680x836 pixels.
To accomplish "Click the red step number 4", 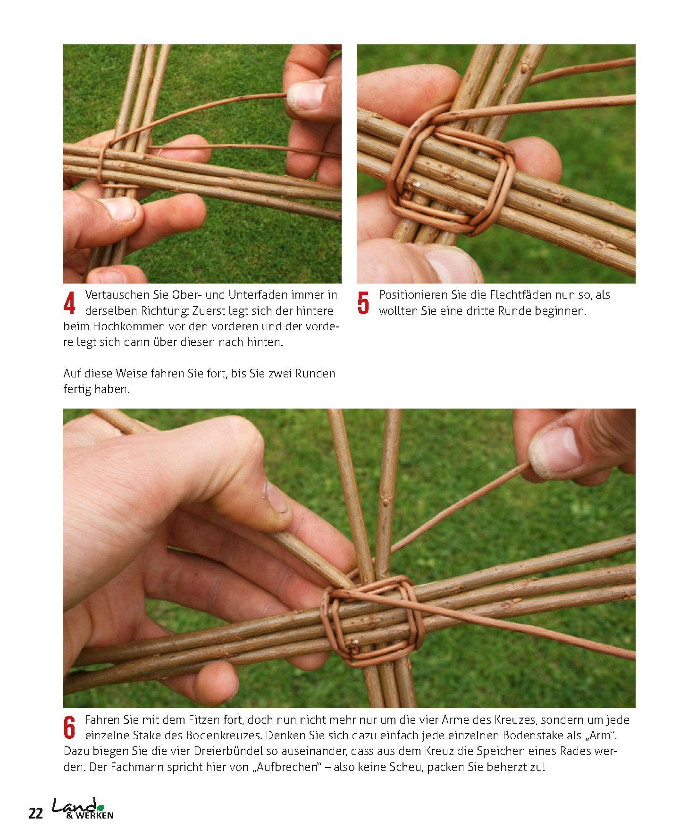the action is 69,303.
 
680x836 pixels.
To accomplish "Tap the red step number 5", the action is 363,303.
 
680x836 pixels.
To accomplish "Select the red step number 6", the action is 69,727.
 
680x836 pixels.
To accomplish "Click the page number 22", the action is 36,813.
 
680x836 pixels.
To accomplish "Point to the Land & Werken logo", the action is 83,809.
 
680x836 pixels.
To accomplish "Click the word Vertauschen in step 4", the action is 117,295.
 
